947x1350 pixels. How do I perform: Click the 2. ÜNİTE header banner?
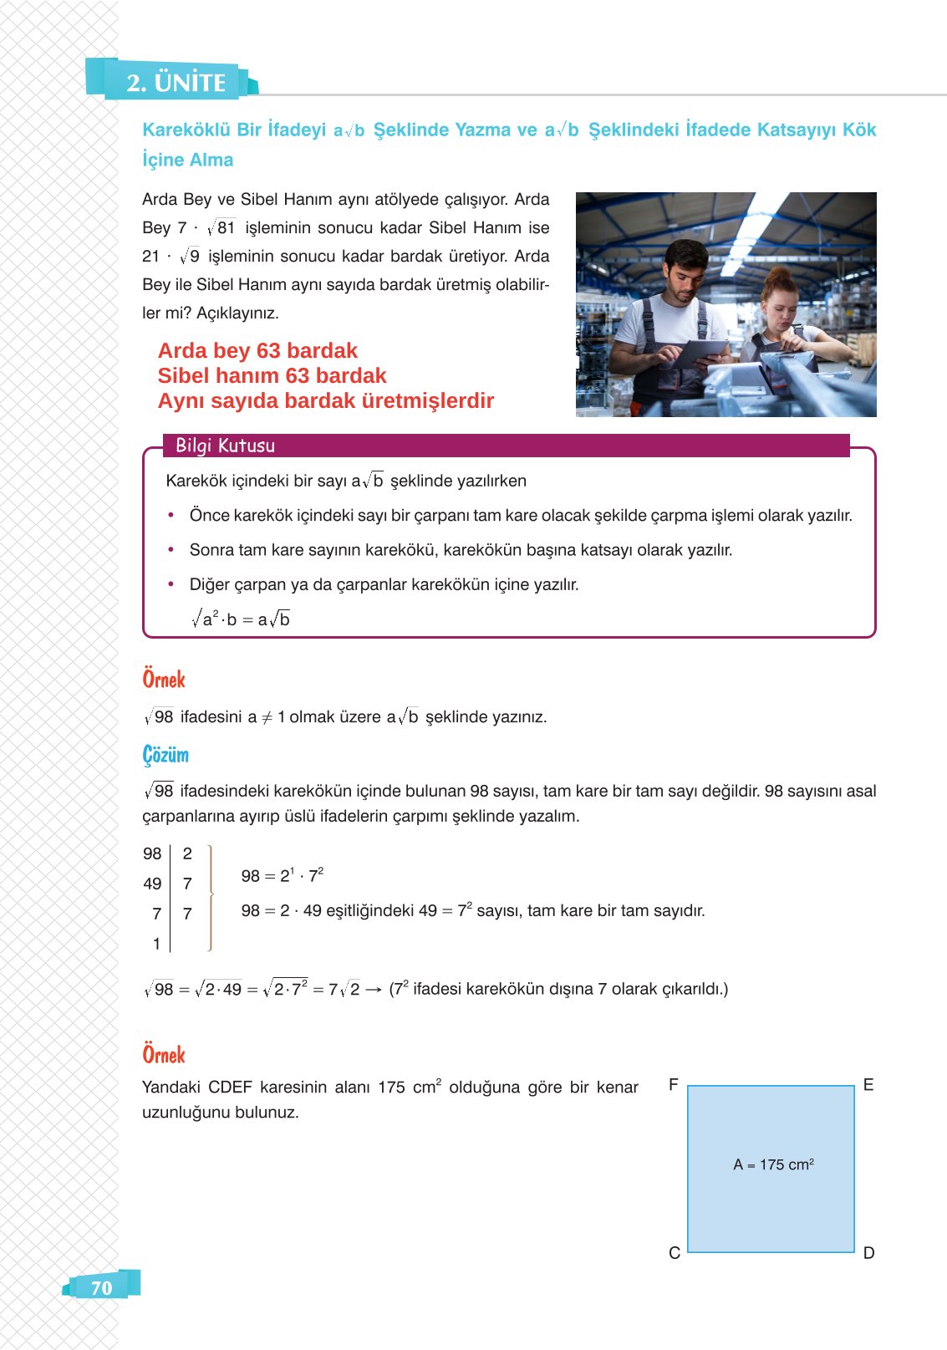point(176,82)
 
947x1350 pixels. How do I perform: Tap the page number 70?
point(101,1287)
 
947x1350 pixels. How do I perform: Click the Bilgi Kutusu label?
point(225,446)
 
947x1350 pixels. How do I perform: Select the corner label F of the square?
point(673,1085)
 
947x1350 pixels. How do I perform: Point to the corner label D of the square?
point(868,1253)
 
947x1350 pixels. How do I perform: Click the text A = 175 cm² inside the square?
point(773,1164)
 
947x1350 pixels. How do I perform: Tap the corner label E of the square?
point(868,1085)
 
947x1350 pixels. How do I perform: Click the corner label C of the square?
point(674,1253)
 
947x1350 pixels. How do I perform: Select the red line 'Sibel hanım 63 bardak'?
point(272,375)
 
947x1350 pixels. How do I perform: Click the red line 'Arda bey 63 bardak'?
point(257,350)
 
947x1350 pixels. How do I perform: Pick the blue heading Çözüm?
point(165,755)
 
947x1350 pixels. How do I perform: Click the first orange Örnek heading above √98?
point(164,679)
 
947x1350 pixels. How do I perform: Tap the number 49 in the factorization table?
point(152,884)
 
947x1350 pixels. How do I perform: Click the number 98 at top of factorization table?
point(152,853)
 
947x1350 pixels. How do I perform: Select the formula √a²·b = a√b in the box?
point(240,619)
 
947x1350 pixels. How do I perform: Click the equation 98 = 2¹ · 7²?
point(282,875)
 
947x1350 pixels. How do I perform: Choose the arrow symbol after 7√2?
point(374,990)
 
